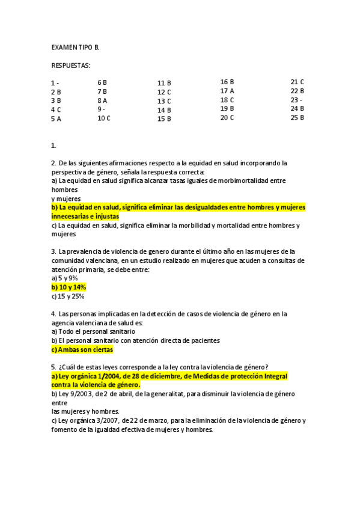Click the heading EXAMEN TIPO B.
[x=75, y=47]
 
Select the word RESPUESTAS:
[x=71, y=65]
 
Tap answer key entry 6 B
[x=102, y=82]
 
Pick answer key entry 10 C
[x=104, y=118]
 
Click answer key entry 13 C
[x=164, y=101]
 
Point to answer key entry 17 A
[x=227, y=91]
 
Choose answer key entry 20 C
[x=227, y=118]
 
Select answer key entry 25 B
[x=297, y=118]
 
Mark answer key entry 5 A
[x=56, y=119]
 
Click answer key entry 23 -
[x=296, y=100]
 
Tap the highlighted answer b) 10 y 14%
[x=69, y=287]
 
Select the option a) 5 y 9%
[x=64, y=278]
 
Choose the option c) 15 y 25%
[x=67, y=296]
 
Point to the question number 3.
[x=53, y=251]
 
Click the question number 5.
[x=53, y=367]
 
